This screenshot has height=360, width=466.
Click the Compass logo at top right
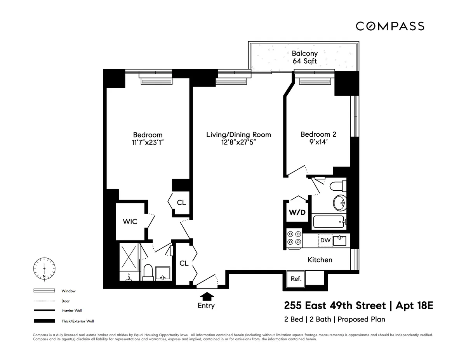[x=390, y=26]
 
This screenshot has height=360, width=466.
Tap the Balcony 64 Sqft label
[x=304, y=57]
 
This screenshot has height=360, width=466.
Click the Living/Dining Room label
[x=238, y=135]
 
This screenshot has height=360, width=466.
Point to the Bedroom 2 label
[x=318, y=134]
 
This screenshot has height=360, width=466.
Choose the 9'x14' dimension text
[x=318, y=143]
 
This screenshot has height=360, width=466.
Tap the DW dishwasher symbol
[x=325, y=241]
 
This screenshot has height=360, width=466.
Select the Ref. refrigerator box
[x=296, y=279]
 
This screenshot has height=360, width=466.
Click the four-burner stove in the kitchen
[x=294, y=238]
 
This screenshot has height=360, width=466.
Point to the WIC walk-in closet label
[x=130, y=222]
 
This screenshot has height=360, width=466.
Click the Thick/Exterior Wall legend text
[x=78, y=321]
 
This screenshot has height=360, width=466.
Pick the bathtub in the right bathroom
[x=329, y=222]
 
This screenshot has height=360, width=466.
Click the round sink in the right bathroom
[x=340, y=202]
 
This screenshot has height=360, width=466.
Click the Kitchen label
[x=320, y=260]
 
